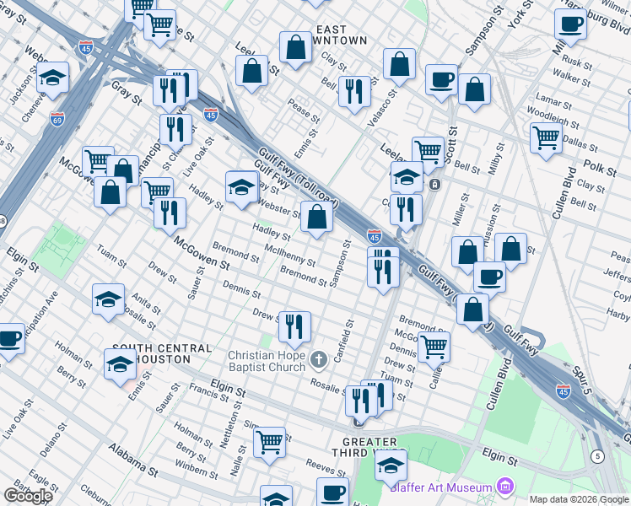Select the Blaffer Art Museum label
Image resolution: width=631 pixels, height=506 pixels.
pyautogui.click(x=440, y=487)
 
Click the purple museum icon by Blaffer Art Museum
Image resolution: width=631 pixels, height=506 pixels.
pyautogui.click(x=505, y=487)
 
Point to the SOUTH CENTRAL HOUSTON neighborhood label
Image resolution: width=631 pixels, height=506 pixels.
pyautogui.click(x=162, y=353)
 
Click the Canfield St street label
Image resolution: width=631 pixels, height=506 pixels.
pyautogui.click(x=342, y=338)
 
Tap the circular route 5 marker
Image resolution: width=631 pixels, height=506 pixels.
pyautogui.click(x=598, y=456)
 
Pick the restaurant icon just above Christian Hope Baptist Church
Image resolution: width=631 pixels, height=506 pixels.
pyautogui.click(x=294, y=326)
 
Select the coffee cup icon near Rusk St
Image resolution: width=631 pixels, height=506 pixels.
pyautogui.click(x=571, y=24)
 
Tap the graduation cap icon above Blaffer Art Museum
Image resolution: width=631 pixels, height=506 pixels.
pyautogui.click(x=391, y=465)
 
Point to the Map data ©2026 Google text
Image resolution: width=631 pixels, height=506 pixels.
pyautogui.click(x=579, y=499)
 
